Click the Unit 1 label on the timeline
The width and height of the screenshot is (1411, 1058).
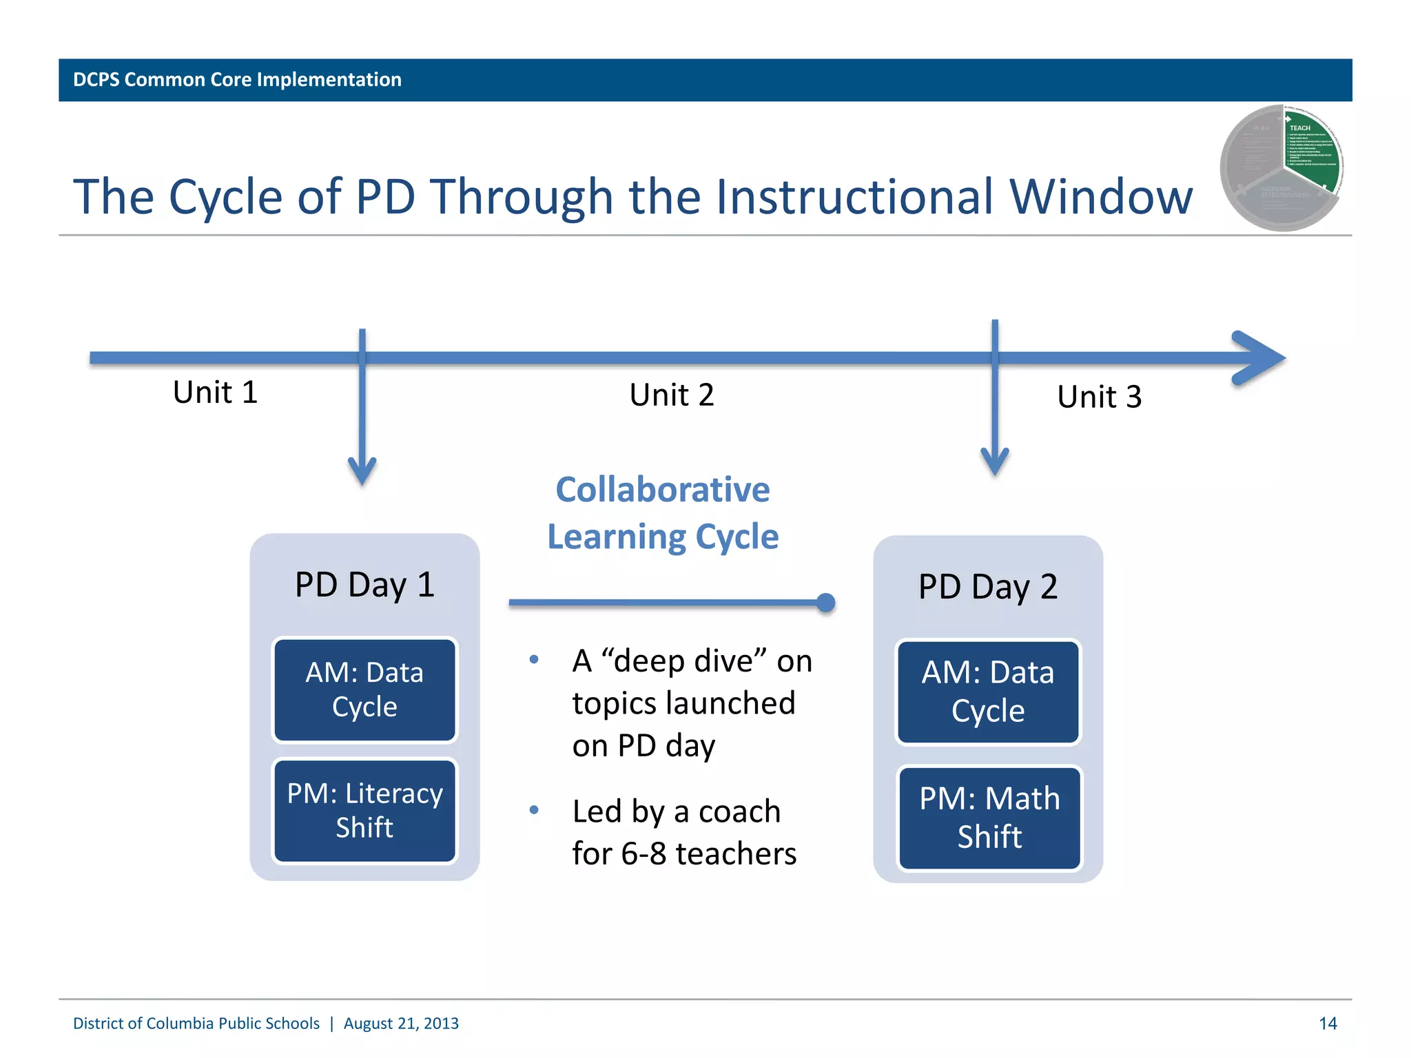[215, 393]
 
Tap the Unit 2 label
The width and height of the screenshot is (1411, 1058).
[672, 395]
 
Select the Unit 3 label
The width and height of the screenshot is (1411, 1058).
[1100, 397]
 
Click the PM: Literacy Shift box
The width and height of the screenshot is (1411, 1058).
[364, 810]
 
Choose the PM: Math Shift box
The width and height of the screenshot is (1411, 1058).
[989, 818]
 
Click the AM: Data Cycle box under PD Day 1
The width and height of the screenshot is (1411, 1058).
[364, 689]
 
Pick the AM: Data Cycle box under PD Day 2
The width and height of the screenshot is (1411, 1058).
[988, 692]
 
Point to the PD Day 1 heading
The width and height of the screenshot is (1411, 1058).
[364, 585]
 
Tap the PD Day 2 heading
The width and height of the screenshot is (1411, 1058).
[988, 587]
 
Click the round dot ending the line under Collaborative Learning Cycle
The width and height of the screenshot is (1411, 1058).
[825, 603]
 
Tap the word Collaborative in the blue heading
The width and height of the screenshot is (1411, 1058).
[663, 490]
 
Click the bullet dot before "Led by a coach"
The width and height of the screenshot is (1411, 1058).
[534, 810]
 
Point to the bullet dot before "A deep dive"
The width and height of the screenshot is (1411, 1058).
[534, 660]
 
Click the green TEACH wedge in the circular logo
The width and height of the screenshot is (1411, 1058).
[1312, 152]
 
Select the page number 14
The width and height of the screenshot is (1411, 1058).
[1328, 1024]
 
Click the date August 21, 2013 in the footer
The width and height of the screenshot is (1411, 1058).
[401, 1024]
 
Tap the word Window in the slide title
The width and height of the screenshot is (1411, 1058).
[1101, 197]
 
